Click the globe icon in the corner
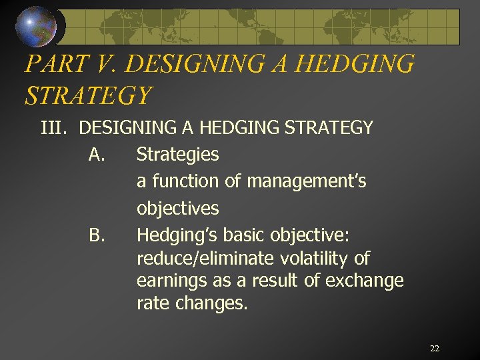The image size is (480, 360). [x=37, y=25]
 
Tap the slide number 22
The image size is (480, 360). [x=435, y=349]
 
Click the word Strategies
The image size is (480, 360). [x=177, y=155]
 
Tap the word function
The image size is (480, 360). [x=184, y=181]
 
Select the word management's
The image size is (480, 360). [x=306, y=181]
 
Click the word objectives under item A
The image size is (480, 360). [x=177, y=209]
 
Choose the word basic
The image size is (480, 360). [x=245, y=235]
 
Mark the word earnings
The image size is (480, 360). [x=167, y=281]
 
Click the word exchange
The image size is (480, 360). [x=364, y=281]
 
